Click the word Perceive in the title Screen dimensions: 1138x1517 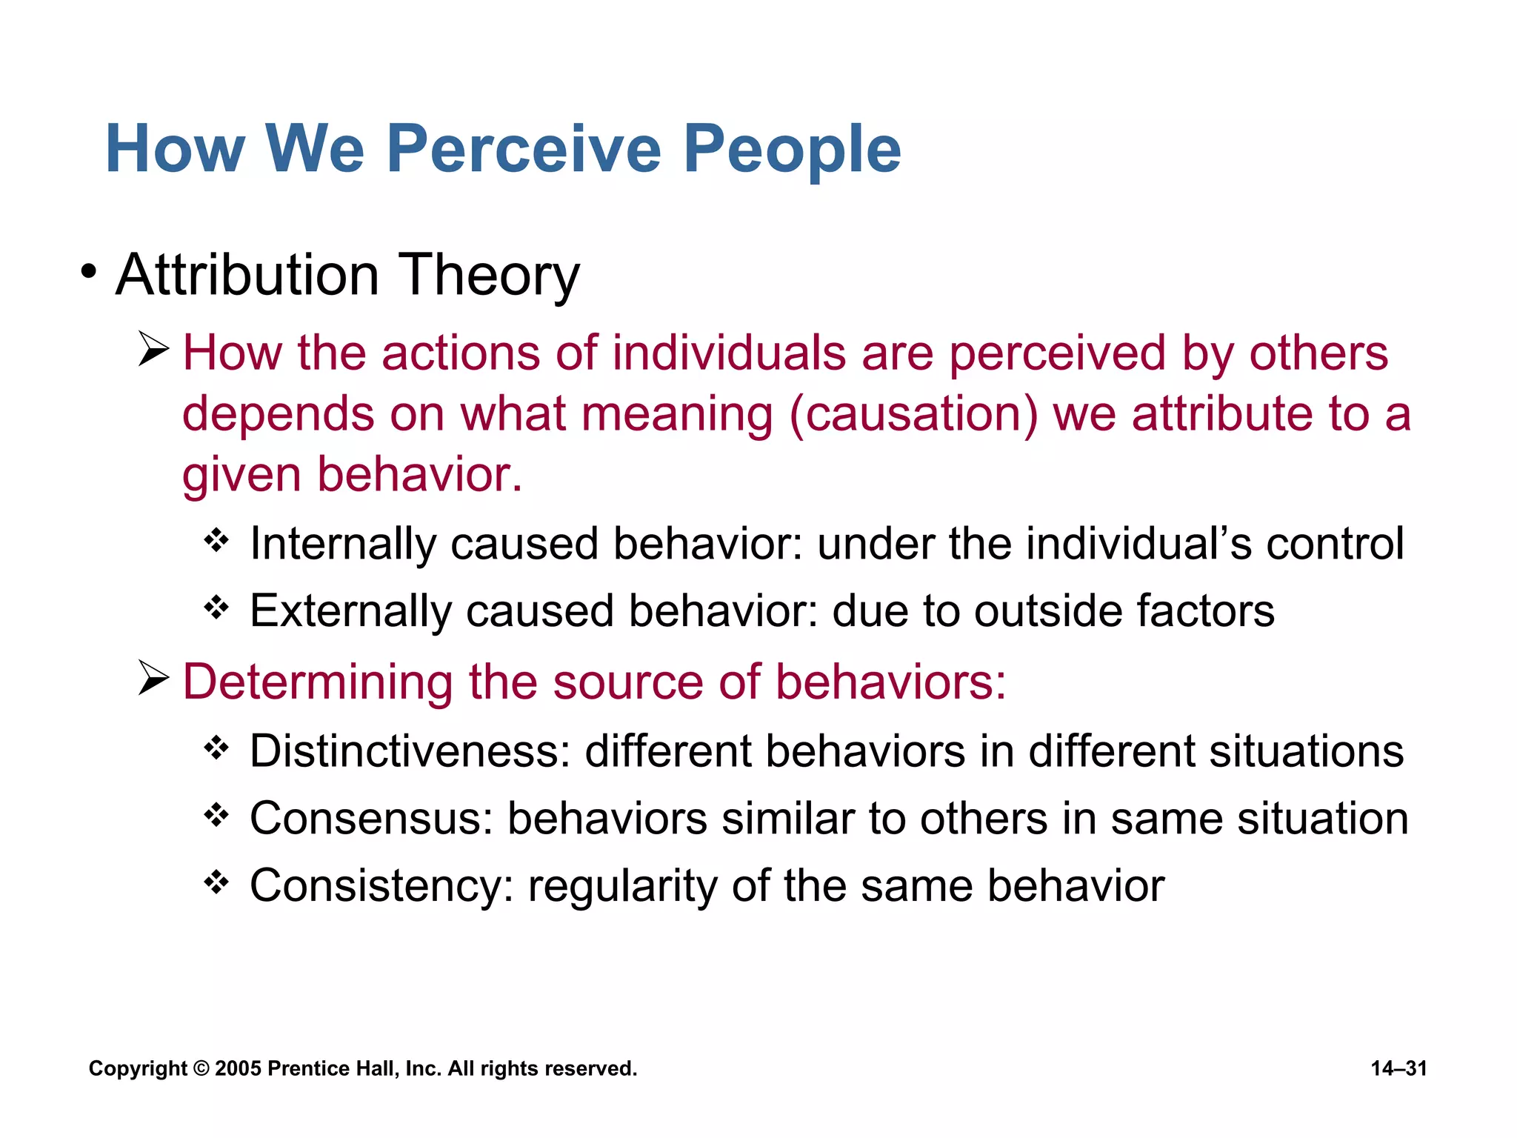tap(523, 150)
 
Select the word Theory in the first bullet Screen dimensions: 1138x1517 tap(489, 276)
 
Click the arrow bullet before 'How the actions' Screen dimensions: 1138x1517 tap(153, 350)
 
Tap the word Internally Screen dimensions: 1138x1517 tap(342, 545)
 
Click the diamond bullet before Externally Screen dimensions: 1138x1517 tap(216, 608)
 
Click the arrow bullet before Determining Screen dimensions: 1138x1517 tap(153, 679)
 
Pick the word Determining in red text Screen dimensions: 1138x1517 tap(318, 682)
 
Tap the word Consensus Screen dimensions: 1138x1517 tap(371, 819)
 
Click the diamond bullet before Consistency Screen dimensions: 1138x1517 tap(216, 882)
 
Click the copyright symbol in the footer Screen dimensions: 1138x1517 tap(201, 1068)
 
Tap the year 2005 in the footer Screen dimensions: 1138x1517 tap(238, 1068)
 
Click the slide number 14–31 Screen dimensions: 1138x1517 tap(1398, 1068)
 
